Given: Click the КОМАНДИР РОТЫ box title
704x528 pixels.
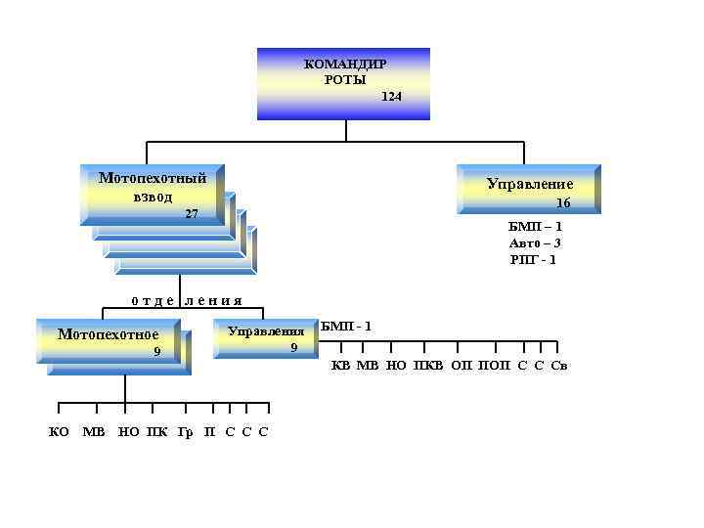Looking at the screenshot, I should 344,71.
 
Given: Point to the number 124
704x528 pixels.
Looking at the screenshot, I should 391,97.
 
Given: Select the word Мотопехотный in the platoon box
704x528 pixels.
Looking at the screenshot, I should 153,178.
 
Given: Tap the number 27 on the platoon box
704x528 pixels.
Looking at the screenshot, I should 192,213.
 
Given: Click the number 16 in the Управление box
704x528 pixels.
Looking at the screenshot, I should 563,203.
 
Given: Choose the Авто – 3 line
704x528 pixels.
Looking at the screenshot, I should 535,242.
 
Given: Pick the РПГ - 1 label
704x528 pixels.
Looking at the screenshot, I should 534,259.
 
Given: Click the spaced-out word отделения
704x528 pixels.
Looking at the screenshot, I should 186,300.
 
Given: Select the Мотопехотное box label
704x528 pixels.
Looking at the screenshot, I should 108,334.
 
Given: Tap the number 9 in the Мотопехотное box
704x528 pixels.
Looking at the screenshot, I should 156,352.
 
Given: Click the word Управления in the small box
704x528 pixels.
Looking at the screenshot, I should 266,331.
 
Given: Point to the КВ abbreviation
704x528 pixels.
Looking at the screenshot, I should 340,366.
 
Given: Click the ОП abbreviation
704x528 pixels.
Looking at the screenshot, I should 462,366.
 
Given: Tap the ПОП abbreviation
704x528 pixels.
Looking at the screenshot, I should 494,366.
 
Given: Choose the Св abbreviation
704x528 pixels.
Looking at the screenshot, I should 559,366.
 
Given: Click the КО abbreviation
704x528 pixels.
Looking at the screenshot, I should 59,431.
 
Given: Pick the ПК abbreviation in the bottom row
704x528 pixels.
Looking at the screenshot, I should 155,431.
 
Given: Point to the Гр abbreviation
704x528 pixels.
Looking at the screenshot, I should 185,431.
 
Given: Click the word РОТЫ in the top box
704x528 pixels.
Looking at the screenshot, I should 344,79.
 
